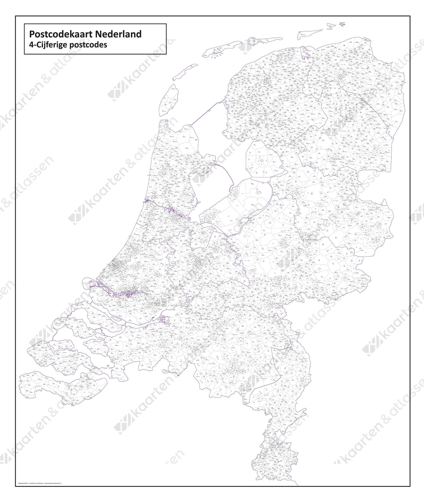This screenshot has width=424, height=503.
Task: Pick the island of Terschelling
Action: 217,50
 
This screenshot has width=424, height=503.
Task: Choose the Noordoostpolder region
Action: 261,159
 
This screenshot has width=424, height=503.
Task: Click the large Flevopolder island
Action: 238,204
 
